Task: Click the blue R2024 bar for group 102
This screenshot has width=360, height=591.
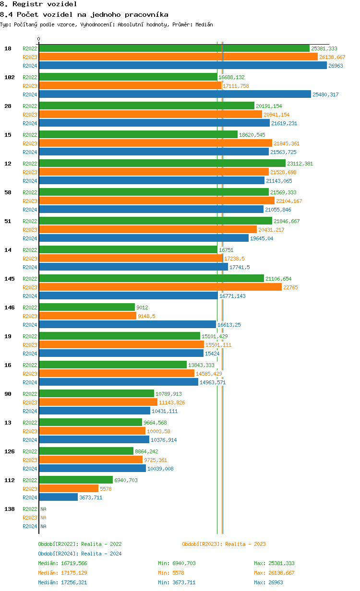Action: (x=175, y=95)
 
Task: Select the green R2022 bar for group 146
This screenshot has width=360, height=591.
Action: (x=87, y=307)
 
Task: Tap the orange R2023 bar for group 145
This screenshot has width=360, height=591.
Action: (x=160, y=287)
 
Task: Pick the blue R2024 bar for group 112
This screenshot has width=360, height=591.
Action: (x=59, y=497)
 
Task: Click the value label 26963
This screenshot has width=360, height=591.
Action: (x=336, y=66)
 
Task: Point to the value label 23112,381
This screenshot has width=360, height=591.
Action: (x=300, y=164)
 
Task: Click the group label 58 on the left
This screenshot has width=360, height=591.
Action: (x=8, y=192)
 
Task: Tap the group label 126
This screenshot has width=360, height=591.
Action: (x=10, y=451)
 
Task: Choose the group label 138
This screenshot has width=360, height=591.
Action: (x=10, y=509)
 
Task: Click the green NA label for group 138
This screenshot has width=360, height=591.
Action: (x=43, y=509)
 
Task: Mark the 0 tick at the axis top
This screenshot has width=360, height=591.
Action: (x=39, y=39)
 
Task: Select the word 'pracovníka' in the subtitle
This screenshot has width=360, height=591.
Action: (x=146, y=14)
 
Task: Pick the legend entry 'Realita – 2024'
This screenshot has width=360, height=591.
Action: (x=101, y=554)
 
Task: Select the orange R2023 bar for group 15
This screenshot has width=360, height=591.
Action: (x=156, y=143)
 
